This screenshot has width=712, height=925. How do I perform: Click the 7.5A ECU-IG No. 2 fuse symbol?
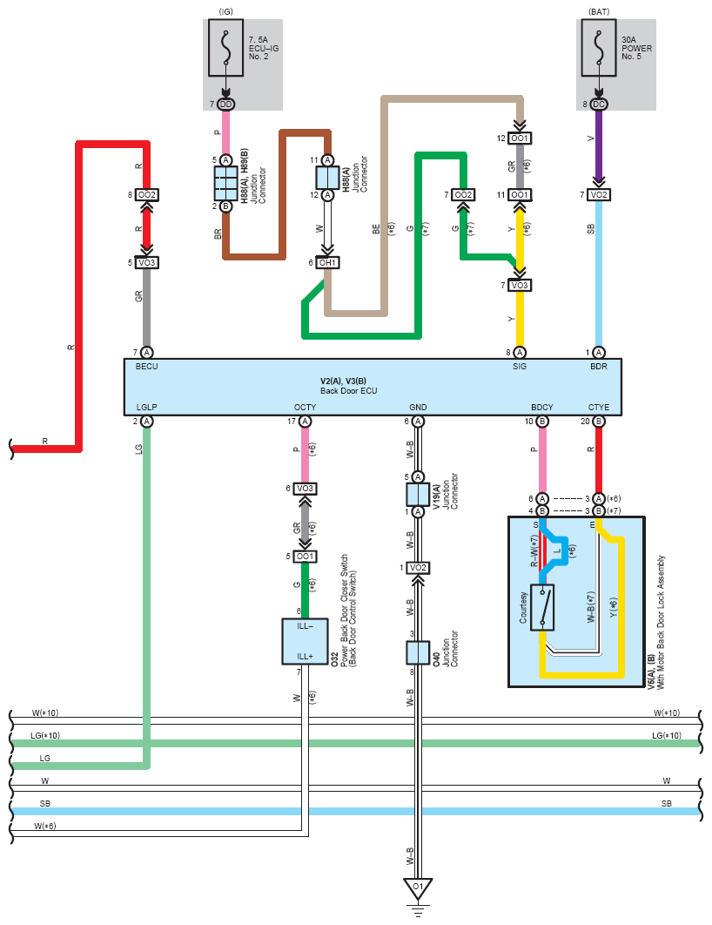coord(225,48)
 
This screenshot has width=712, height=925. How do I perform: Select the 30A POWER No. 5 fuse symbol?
coord(599,48)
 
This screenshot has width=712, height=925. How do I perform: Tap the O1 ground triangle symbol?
coord(418,888)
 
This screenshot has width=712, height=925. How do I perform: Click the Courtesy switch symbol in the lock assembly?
coord(542,608)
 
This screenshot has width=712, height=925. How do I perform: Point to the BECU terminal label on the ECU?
coord(147,367)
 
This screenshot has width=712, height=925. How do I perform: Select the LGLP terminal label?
coord(147,407)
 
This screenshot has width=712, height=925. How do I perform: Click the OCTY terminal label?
coord(305,407)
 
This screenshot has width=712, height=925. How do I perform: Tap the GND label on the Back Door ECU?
coord(418,407)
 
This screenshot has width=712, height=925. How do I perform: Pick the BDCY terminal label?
coord(542,407)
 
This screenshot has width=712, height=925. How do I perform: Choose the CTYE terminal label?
coord(599,407)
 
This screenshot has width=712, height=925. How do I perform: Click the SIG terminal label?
coord(520,367)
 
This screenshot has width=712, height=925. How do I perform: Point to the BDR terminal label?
coord(599,367)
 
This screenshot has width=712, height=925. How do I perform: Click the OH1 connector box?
coord(327,262)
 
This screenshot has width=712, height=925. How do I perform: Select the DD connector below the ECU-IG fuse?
coord(225,105)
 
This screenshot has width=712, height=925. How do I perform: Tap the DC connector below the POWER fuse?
coord(599,105)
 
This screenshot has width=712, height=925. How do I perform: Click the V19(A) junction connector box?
coord(418,495)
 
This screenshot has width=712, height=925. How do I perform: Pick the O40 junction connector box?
coord(418,653)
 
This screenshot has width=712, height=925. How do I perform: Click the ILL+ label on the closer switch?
coord(305,657)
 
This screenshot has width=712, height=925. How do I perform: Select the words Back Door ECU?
coord(349,390)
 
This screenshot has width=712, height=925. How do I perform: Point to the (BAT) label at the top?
coord(599,12)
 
